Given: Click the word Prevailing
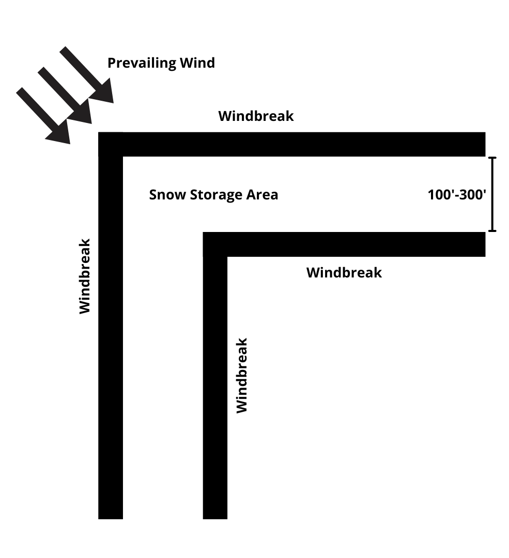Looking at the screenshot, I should tap(141, 64).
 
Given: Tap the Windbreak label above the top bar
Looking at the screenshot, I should tap(256, 116).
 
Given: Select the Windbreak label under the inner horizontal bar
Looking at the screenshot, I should tap(344, 273).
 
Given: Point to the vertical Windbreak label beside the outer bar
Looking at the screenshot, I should tap(85, 276).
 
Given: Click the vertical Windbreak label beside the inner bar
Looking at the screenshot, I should tap(242, 376).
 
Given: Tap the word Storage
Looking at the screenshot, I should tap(217, 195).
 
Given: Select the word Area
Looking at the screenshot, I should tap(263, 195).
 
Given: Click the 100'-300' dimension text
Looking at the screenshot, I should tap(457, 195).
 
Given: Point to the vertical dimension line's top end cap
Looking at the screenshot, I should tap(492, 158).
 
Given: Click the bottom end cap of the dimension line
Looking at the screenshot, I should tap(492, 230).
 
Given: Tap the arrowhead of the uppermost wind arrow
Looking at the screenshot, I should tap(103, 92).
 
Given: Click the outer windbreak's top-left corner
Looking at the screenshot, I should tap(110, 144).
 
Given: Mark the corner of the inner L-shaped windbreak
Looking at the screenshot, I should tap(215, 244).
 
